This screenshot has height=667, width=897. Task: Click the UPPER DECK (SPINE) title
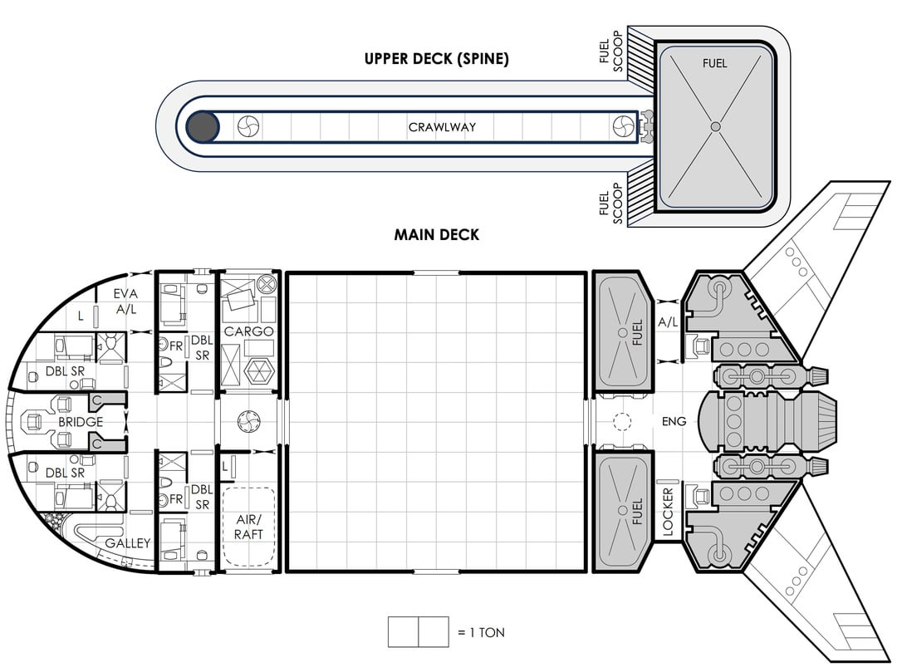point(436,59)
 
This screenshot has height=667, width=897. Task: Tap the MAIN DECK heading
point(436,235)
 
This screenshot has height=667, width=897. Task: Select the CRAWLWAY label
point(442,127)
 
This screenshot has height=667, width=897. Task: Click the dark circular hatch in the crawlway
point(203,127)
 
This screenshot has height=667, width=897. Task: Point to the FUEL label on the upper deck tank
point(714,63)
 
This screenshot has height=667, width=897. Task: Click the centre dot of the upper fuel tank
point(714,126)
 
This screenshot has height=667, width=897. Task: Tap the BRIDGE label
point(81,422)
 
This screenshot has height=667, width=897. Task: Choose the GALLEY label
point(128,543)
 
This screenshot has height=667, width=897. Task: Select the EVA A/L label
point(126,301)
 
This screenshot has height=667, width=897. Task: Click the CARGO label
point(248,331)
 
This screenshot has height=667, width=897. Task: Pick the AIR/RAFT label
point(248,527)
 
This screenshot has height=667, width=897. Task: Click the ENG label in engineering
point(674,421)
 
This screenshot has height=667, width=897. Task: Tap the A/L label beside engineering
point(668,321)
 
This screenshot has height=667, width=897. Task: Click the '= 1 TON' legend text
point(481,632)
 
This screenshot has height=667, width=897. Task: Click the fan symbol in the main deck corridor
point(248,421)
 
